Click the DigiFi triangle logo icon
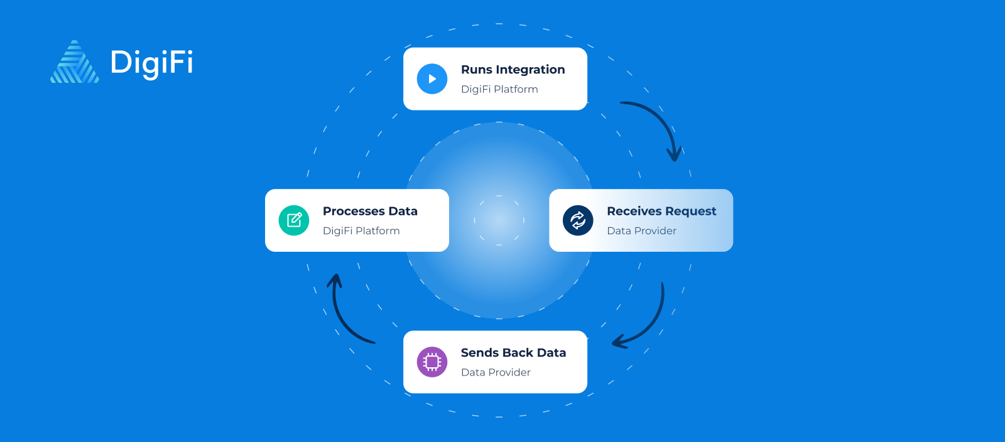[75, 62]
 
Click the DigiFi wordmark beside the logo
[151, 63]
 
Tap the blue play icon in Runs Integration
[432, 79]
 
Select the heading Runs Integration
[513, 70]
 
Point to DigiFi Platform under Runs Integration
[499, 89]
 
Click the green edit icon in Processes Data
[294, 220]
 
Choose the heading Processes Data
[370, 211]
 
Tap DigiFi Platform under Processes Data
[361, 230]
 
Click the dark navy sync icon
[578, 220]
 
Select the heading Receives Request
[661, 211]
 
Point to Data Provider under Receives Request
[641, 230]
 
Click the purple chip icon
[432, 362]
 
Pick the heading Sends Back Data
[513, 353]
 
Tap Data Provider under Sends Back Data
[496, 372]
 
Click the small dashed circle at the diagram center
[499, 220]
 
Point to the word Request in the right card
[691, 212]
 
